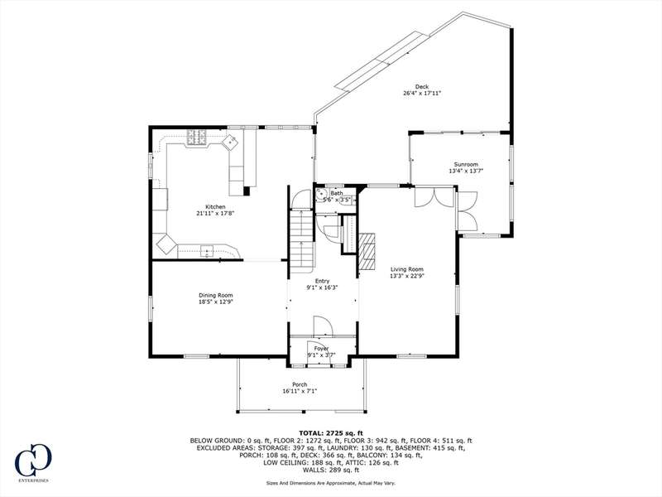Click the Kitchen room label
pos(215,206)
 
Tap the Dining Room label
pos(216,296)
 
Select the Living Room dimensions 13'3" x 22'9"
pos(407,276)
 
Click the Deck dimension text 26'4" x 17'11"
pos(422,94)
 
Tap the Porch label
pos(300,384)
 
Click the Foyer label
pos(321,349)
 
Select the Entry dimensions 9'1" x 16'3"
pos(322,287)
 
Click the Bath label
pos(337,193)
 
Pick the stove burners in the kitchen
pos(197,138)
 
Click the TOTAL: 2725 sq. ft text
pos(330,432)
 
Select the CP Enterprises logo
pos(33,462)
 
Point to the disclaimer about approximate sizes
pos(330,483)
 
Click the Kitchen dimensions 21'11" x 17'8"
pos(215,214)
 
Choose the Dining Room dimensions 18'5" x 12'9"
pos(216,302)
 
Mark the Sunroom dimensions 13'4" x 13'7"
pos(466,171)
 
